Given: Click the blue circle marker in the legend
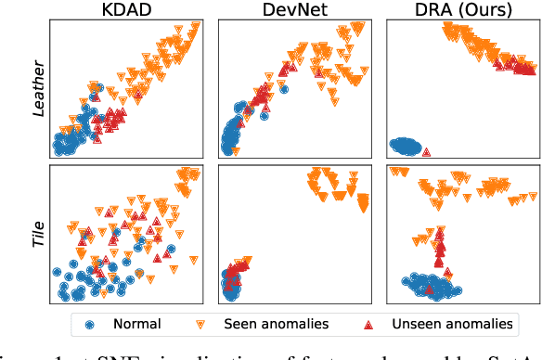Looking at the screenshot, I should tap(90, 325).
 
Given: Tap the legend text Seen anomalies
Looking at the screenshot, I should tap(275, 325).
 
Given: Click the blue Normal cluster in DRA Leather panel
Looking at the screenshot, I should tap(405, 145).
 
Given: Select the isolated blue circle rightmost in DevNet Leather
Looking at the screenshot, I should tap(285, 90).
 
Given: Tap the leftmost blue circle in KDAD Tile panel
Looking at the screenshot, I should tap(57, 273).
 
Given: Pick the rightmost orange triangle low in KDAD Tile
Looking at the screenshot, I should tap(169, 250).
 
